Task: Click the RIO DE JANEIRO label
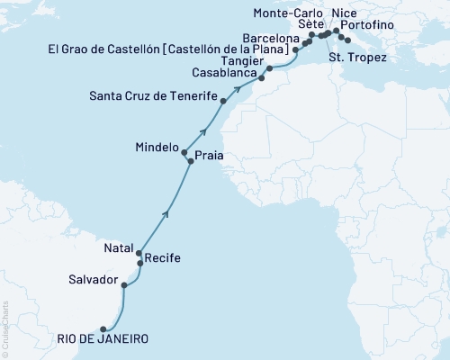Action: pos(98,339)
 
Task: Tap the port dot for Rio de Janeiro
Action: pos(103,329)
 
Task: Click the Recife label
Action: pos(163,258)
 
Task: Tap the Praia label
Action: pos(210,156)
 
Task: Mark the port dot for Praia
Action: pos(191,161)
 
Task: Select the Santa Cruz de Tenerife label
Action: pos(154,95)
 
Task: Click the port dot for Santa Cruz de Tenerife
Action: pos(223,102)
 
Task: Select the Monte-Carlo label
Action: pos(290,13)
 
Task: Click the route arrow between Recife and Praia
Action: pos(166,213)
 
